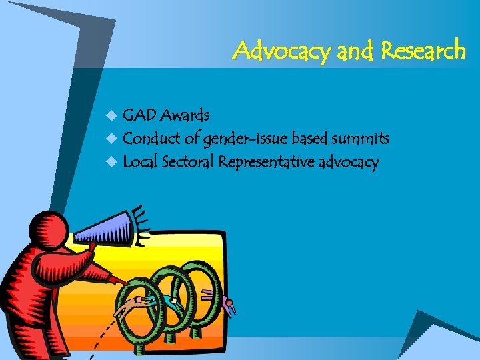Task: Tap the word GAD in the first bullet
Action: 139,115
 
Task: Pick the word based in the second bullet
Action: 309,139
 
